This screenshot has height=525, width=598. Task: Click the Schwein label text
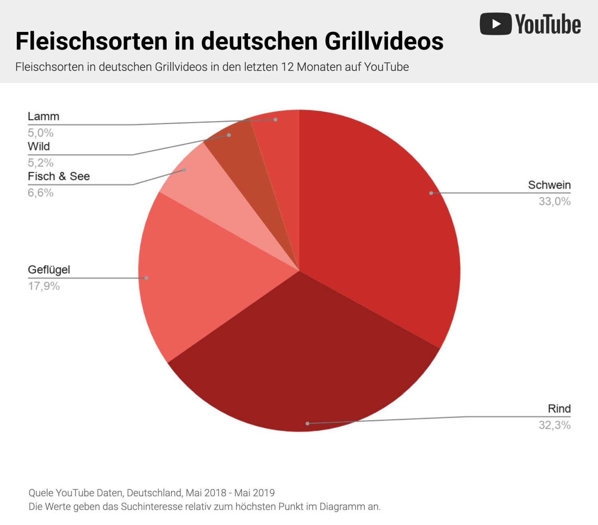[x=549, y=185]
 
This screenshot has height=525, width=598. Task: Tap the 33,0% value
[x=554, y=202]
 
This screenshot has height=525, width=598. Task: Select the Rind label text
[x=559, y=409]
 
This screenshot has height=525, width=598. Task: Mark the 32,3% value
[x=554, y=425]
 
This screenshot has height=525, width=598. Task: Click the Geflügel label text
[x=49, y=270]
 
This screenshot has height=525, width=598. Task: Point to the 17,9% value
[x=43, y=286]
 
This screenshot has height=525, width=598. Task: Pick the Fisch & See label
[x=59, y=176]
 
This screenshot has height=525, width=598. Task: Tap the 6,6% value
[x=40, y=193]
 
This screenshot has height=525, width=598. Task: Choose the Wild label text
[x=39, y=147]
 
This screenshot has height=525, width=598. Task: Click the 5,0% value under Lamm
[x=40, y=133]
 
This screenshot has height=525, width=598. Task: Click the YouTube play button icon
[x=496, y=24]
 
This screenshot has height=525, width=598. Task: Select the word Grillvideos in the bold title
[x=384, y=41]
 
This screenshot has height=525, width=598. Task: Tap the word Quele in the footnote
[x=41, y=493]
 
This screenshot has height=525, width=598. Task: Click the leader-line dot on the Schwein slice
[x=431, y=193]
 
